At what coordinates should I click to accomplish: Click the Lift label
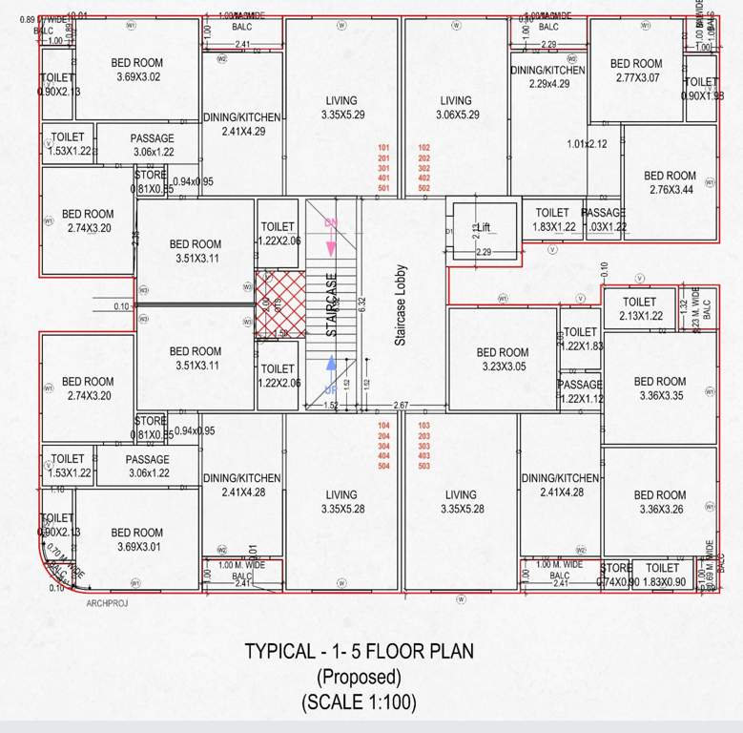pos(484,228)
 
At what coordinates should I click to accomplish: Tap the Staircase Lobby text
pos(401,304)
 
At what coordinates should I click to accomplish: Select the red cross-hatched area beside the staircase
pos(279,304)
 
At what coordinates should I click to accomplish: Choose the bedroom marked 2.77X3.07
pos(636,71)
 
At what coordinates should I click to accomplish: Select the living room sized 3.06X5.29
pos(456,107)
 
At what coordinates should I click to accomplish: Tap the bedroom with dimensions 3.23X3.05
pos(502,359)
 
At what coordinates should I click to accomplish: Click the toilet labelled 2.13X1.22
pos(640,309)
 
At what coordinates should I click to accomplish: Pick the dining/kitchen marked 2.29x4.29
pos(547,76)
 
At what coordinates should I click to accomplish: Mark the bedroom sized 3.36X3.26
pos(659,502)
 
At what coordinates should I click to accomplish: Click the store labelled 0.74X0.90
pos(616,575)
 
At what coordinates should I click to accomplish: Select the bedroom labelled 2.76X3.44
pos(670,182)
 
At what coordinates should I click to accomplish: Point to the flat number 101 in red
pos(384,148)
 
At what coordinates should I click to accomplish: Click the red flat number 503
pos(425,466)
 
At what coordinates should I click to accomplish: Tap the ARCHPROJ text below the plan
pos(106,603)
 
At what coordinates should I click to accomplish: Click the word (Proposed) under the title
pos(359,677)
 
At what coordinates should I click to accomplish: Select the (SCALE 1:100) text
pos(359,702)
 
